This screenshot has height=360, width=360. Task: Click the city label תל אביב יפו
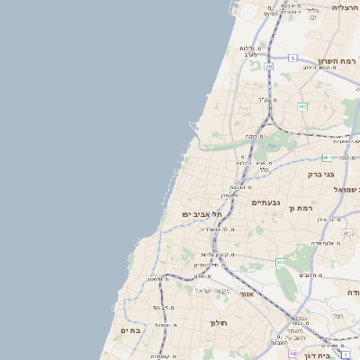click(202, 214)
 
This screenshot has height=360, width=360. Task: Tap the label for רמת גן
click(301, 208)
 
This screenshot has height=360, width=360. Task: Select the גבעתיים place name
click(266, 202)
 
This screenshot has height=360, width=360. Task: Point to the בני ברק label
click(320, 175)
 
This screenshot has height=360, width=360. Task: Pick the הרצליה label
click(345, 7)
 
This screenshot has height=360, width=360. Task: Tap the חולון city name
click(219, 322)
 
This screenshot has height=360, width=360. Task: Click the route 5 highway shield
click(292, 58)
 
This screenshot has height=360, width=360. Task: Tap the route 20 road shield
click(268, 66)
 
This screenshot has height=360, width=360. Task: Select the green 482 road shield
click(302, 106)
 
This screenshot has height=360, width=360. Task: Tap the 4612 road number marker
click(349, 233)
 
